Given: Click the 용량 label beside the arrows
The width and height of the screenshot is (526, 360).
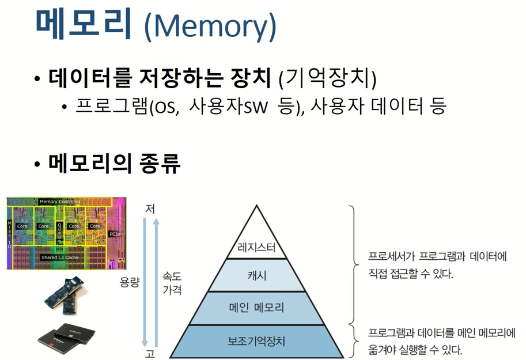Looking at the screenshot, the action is coord(130,282).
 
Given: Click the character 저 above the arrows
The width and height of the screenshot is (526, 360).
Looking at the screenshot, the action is coord(150,209).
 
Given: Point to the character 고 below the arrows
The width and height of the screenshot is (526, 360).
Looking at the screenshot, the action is coord(150,354).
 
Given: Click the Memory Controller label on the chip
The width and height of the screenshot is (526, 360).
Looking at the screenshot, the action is coord(60,202).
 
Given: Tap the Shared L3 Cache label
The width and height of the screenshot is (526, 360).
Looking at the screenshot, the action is coord(60,257).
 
